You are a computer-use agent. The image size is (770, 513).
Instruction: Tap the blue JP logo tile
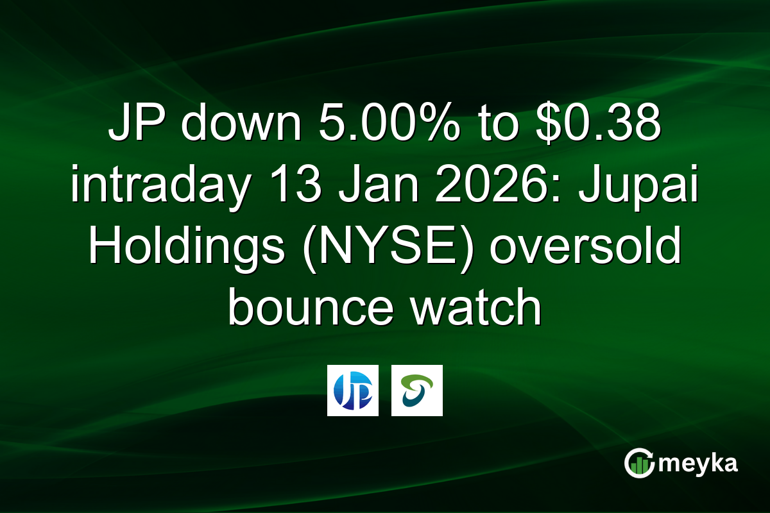pos(353,391)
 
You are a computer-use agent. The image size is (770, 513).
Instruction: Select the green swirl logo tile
pos(417,391)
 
